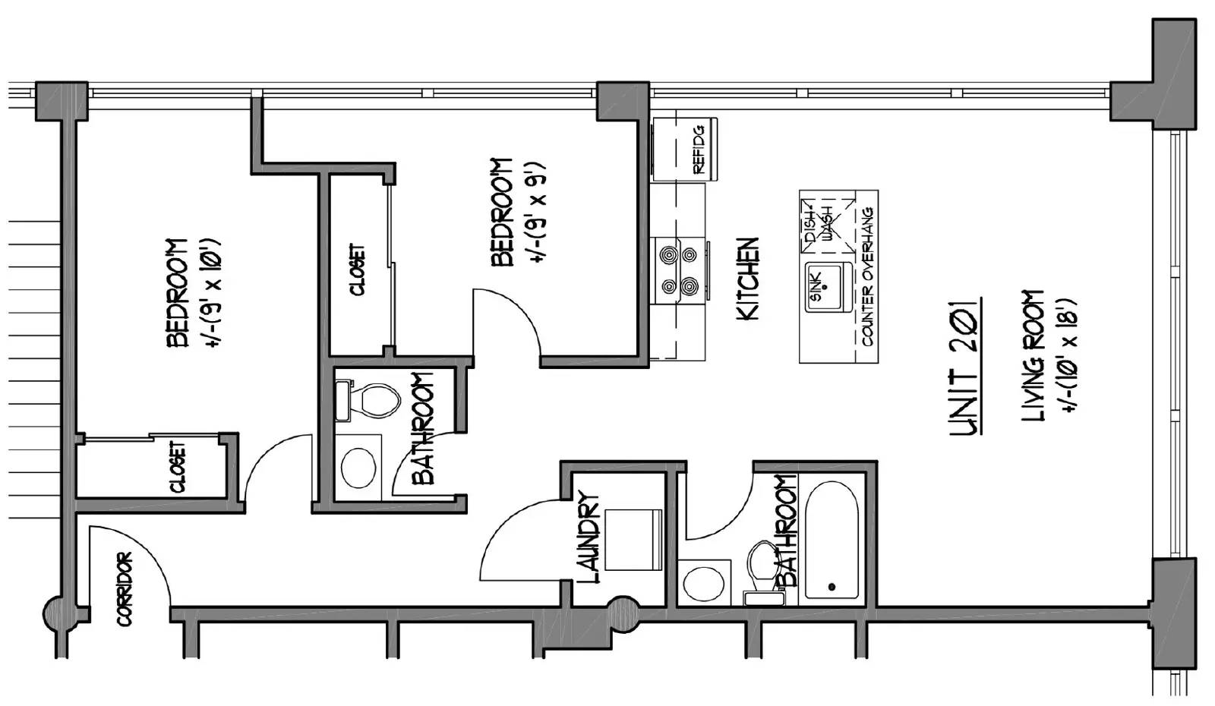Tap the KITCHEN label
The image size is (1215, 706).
(747, 279)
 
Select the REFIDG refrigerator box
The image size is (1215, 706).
(684, 149)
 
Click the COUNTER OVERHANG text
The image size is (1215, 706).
(867, 276)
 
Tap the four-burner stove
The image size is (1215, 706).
(680, 270)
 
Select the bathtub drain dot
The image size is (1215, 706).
(832, 587)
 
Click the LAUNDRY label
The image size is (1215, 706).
(589, 537)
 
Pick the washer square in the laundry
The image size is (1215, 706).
(633, 540)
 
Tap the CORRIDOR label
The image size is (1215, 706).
(125, 589)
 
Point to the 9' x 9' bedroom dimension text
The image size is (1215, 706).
(538, 213)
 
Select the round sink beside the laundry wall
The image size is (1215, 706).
(703, 584)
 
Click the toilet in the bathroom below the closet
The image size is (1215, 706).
(369, 401)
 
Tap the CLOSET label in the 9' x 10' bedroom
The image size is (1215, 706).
(178, 467)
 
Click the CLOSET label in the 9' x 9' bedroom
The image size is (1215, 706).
(358, 269)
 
